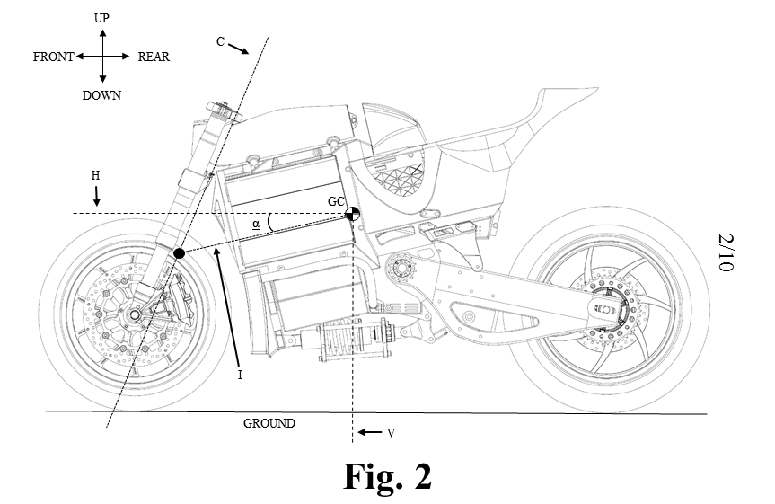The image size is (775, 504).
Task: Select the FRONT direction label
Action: pyautogui.click(x=53, y=57)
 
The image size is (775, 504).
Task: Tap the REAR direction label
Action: pyautogui.click(x=154, y=57)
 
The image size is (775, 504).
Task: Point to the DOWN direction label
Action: pyautogui.click(x=101, y=94)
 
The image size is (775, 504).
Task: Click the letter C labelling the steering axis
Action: pyautogui.click(x=221, y=41)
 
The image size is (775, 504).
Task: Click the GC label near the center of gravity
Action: pyautogui.click(x=335, y=201)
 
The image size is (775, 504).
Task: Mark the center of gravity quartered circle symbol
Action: pyautogui.click(x=353, y=213)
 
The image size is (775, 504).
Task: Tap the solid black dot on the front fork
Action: pyautogui.click(x=180, y=254)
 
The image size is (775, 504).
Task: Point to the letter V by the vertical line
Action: pyautogui.click(x=391, y=432)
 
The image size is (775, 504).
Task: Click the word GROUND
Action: pyautogui.click(x=269, y=422)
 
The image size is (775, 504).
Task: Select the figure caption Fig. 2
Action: pyautogui.click(x=387, y=475)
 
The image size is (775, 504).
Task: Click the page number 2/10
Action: pyautogui.click(x=726, y=252)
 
